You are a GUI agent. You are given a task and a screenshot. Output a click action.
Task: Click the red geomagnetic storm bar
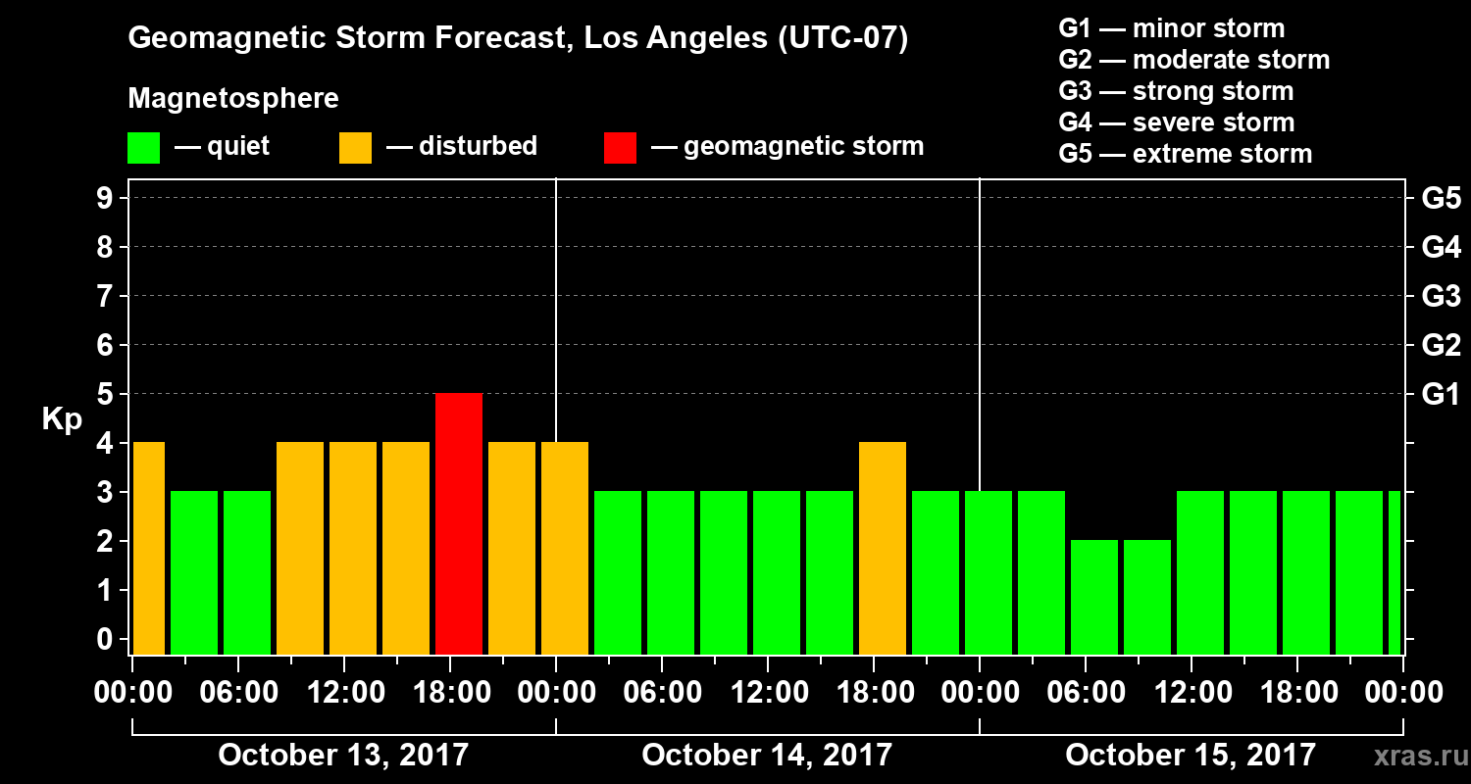click(459, 523)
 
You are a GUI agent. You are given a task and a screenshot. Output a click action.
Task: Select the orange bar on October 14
click(883, 548)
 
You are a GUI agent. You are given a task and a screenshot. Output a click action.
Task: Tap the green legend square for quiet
click(143, 148)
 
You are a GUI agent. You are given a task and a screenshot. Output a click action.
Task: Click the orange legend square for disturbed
click(355, 148)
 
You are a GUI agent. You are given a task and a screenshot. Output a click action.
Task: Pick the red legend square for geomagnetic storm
click(620, 148)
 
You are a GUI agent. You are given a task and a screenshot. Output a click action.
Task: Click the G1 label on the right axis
click(1441, 395)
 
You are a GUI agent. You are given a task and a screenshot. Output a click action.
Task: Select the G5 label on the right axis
click(1441, 199)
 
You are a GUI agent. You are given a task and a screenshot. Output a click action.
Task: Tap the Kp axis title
click(62, 419)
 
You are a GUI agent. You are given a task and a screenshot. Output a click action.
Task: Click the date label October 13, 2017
click(343, 756)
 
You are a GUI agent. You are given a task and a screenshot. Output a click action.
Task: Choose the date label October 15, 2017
click(1191, 756)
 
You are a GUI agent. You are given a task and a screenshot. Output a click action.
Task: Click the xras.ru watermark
click(1413, 757)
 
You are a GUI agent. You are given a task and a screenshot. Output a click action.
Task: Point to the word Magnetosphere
click(233, 99)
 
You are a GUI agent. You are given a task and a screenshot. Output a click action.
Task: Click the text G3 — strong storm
click(1176, 91)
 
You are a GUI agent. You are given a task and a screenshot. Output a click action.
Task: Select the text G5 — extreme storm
click(1185, 154)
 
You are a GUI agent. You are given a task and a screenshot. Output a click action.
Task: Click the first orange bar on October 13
click(148, 548)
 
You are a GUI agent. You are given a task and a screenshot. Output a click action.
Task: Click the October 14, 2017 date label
click(767, 756)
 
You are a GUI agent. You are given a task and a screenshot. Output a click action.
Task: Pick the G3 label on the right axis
click(1441, 297)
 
